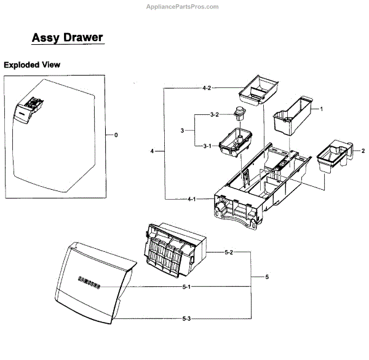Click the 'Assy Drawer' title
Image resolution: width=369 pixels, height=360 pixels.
[67, 37]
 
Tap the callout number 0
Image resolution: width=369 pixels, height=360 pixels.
[116, 135]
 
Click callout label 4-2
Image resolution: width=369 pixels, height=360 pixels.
[207, 88]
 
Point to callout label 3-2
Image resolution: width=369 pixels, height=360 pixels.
[215, 115]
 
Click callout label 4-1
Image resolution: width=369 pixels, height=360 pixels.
[192, 198]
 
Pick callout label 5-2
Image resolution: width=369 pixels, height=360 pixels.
[228, 252]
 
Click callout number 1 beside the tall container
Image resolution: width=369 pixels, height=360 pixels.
[320, 108]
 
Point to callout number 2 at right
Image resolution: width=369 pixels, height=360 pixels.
[363, 151]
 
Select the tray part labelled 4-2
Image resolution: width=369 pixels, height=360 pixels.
[258, 90]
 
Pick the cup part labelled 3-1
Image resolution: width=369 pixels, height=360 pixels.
[236, 142]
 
